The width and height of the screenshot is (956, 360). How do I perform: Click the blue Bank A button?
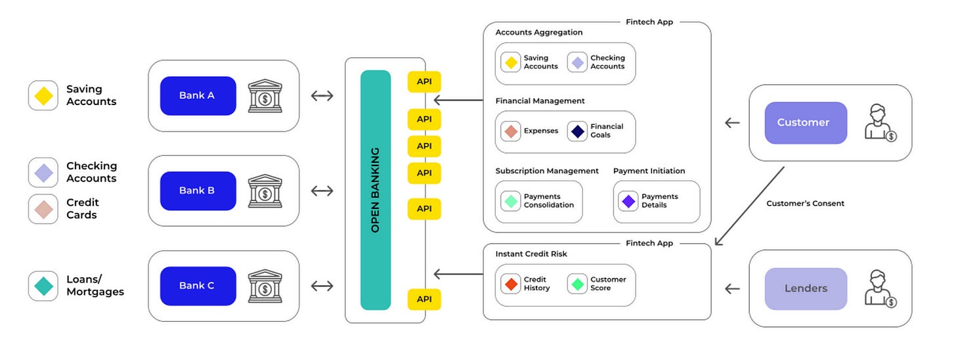tap(198, 95)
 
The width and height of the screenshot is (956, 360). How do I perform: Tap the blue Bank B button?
tap(198, 191)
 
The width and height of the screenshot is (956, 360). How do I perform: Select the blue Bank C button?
tap(198, 286)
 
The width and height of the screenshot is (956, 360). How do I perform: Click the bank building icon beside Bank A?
tap(265, 96)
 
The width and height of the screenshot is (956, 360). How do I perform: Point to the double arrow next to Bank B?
tap(322, 191)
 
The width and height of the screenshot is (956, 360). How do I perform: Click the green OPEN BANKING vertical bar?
tap(376, 190)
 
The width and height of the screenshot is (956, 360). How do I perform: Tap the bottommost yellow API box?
tap(424, 299)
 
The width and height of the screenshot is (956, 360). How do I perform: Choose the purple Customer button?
tap(806, 123)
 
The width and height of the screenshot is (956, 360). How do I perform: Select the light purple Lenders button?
tap(806, 288)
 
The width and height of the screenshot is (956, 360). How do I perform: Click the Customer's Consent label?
tap(805, 204)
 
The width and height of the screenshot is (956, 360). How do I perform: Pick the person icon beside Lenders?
tap(880, 287)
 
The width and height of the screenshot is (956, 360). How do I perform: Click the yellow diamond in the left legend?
tap(43, 96)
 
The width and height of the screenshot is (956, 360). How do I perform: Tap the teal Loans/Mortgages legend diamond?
tap(43, 286)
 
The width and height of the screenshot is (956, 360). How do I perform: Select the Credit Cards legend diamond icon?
tap(43, 209)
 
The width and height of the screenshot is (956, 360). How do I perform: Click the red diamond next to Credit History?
tap(510, 284)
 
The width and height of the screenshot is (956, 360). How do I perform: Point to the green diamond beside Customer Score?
tap(577, 284)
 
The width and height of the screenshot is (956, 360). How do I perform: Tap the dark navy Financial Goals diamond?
tap(577, 131)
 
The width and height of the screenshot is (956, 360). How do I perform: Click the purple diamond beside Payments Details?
tap(628, 201)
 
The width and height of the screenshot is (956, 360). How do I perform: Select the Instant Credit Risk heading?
tap(531, 254)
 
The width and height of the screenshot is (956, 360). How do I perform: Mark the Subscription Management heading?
tap(547, 171)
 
